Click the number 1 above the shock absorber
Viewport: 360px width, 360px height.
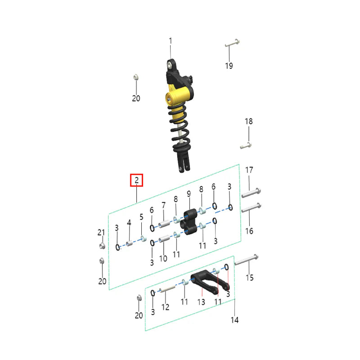171,41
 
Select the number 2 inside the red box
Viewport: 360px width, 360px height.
136,180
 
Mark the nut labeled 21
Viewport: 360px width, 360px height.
102,246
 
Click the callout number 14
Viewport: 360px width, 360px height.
234,320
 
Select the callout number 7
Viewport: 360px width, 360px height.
164,205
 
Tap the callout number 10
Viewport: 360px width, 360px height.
163,258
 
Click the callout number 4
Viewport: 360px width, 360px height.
129,223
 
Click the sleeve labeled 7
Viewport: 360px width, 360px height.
165,222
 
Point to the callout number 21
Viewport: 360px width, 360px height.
101,232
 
